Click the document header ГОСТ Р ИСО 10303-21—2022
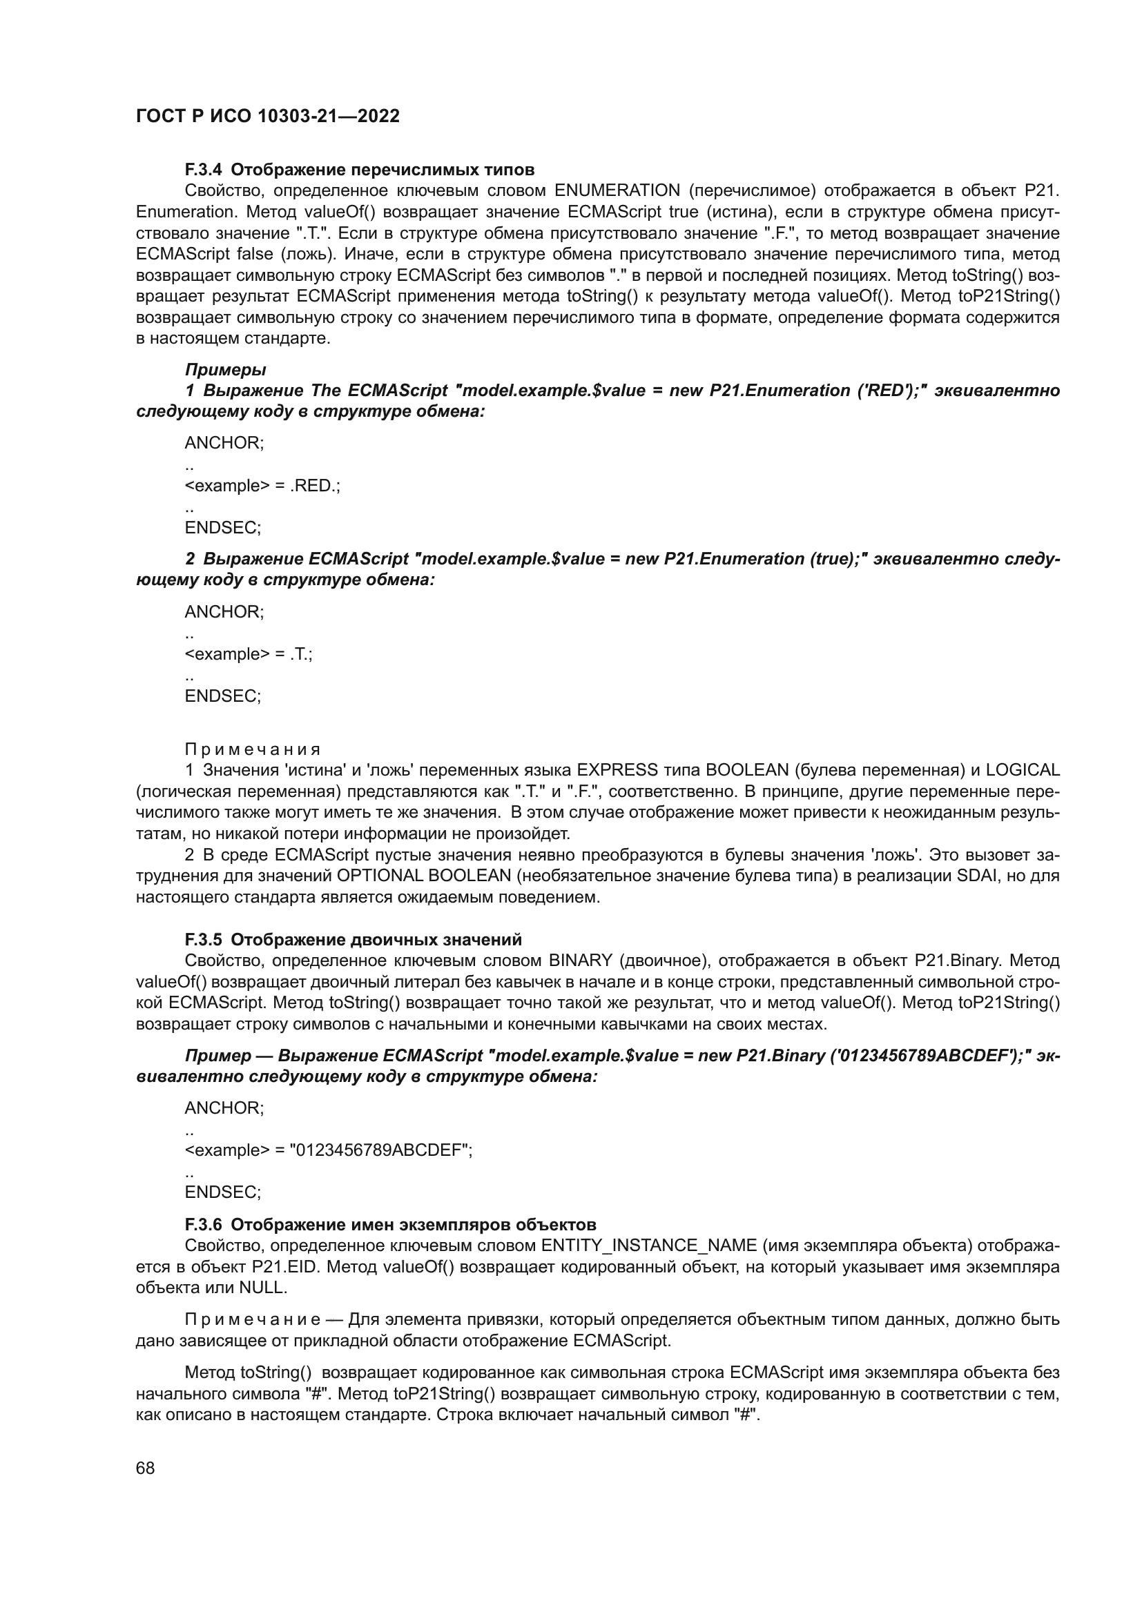(x=267, y=117)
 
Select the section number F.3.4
(x=203, y=170)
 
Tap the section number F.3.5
(x=203, y=940)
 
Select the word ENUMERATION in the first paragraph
(x=617, y=190)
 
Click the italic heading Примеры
(x=225, y=370)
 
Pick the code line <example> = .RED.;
(x=262, y=486)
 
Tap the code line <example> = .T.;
(x=249, y=654)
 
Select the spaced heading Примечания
(x=253, y=749)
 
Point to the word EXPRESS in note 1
(x=617, y=771)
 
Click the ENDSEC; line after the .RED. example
(x=222, y=528)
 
